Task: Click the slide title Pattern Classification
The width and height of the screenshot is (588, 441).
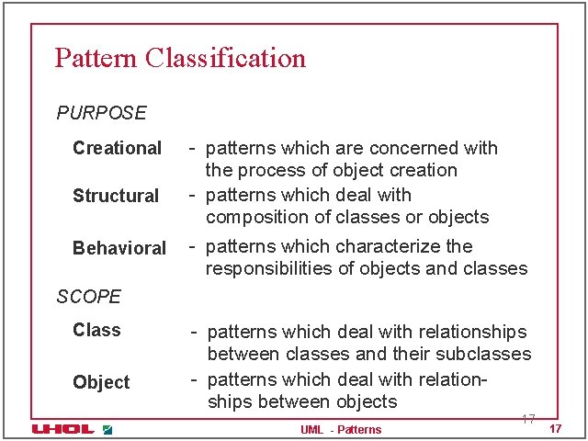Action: tap(180, 58)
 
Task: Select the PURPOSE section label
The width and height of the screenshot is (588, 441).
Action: tap(101, 113)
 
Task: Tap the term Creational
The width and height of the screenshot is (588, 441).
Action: tap(117, 148)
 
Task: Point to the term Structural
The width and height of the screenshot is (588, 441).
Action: tap(116, 196)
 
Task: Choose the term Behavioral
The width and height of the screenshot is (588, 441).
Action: tap(119, 248)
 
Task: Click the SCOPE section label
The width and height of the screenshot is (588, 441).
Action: tap(88, 297)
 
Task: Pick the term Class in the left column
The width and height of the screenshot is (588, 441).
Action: tap(96, 330)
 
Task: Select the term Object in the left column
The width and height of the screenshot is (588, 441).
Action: tap(101, 382)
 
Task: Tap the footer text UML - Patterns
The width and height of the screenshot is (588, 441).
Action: tap(341, 430)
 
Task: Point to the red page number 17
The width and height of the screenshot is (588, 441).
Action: tap(555, 430)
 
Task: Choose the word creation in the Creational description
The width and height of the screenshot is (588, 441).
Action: tap(424, 170)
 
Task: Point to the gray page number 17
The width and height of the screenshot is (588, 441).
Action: tap(528, 419)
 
